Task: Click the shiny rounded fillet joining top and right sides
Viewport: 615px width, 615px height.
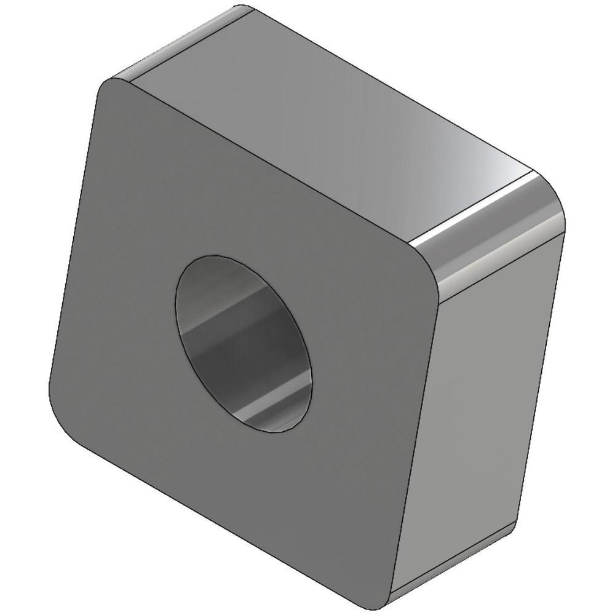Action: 492,240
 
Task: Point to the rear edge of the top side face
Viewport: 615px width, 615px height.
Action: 394,92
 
